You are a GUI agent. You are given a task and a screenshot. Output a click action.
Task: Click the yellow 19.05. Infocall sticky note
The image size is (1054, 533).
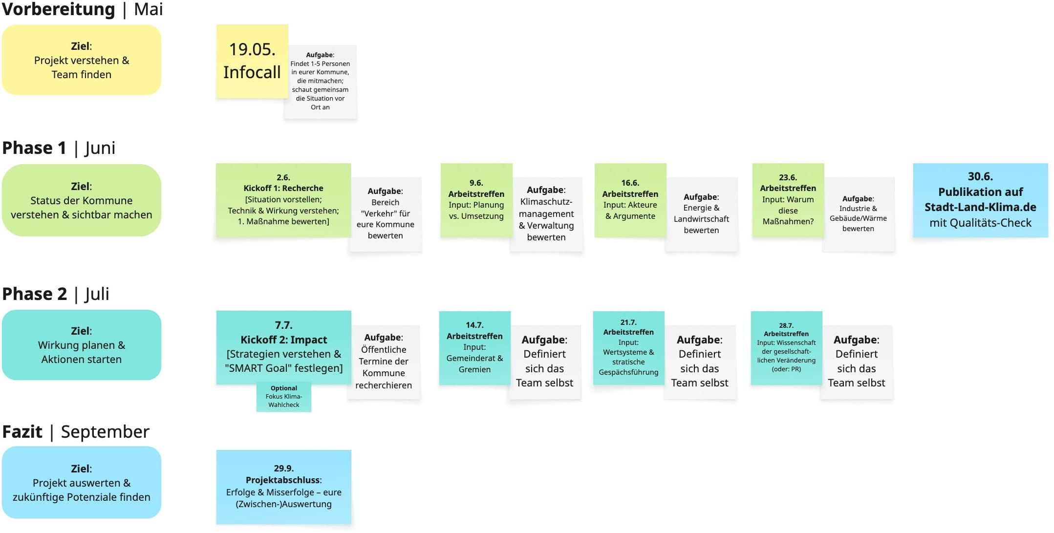pos(252,61)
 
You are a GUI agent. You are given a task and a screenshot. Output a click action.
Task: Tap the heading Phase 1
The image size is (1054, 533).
pos(34,148)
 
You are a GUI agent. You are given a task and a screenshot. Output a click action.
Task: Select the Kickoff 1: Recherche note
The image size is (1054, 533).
pos(283,200)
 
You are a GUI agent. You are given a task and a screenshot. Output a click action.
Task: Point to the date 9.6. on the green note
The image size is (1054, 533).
pos(476,183)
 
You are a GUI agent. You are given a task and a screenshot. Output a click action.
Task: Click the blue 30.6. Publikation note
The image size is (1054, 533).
pos(980,200)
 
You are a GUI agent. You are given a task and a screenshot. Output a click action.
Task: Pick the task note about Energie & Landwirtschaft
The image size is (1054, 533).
pos(701,214)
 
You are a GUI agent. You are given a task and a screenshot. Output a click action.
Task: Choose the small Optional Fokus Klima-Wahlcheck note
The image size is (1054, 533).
pos(284,397)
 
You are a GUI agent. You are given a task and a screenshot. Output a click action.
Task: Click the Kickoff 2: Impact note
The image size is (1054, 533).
pos(283,347)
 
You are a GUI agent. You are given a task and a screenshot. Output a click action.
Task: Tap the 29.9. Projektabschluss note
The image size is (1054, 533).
pos(283,487)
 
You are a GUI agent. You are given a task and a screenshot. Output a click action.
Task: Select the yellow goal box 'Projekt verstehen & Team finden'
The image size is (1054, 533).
pos(82,60)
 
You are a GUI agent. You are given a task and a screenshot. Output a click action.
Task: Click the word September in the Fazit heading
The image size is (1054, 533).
pos(105,432)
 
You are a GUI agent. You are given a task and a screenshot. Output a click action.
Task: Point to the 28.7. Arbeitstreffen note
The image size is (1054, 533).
pos(786,348)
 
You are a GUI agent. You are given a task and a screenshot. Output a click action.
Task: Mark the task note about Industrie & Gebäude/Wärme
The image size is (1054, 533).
pos(859,214)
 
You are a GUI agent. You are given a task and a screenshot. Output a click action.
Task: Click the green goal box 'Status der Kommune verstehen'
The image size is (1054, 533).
pos(82,200)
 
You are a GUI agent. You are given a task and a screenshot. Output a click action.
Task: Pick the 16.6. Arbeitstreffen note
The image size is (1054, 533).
pos(630,200)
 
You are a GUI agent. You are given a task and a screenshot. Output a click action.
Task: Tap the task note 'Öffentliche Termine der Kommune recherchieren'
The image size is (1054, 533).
pos(384,362)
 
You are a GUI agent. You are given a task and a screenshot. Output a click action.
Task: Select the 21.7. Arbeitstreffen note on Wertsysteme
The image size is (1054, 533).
pos(628,348)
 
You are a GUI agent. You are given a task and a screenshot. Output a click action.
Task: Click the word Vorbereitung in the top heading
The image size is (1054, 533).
pos(59,9)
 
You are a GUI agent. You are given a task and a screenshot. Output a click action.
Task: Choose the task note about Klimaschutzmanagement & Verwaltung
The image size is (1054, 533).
pos(546,214)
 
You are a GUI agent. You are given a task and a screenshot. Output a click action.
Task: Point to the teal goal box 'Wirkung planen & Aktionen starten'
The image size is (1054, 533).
pos(82,345)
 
